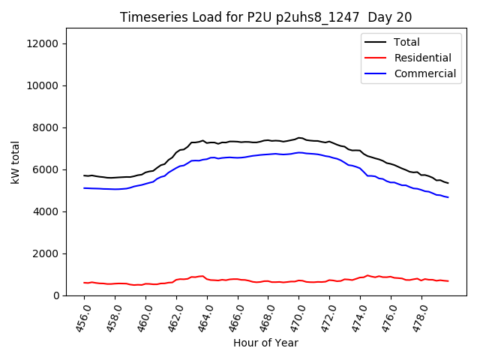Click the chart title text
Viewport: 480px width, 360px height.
(265, 17)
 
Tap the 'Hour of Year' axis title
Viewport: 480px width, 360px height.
(265, 343)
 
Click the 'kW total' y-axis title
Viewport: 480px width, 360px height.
(15, 162)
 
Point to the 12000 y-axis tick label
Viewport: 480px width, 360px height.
(43, 43)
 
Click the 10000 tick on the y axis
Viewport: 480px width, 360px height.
(43, 85)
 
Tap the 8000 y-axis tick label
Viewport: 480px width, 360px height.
(46, 127)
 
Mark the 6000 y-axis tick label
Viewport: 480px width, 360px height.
(46, 169)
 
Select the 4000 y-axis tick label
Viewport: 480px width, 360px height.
(46, 211)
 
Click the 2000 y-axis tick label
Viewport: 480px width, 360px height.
(46, 253)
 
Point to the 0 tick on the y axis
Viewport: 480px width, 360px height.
(57, 295)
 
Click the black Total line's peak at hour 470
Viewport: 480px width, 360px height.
(299, 138)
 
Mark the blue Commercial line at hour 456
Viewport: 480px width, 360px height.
(85, 188)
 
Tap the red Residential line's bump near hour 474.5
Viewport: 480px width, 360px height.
(367, 275)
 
